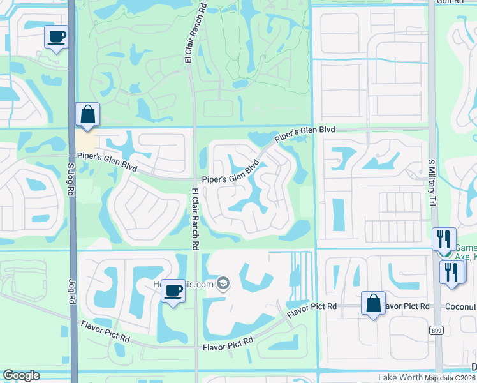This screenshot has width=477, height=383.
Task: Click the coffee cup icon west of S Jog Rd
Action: (57, 36)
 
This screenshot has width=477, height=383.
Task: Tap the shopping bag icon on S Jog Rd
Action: (87, 115)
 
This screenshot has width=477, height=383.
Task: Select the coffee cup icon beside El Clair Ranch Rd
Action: (173, 291)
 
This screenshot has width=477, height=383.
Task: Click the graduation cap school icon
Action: (223, 283)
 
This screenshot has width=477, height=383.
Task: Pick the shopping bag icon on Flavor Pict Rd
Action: (373, 303)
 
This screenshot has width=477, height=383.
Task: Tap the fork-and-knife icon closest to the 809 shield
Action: (453, 271)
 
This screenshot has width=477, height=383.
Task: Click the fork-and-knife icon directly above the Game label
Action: (444, 239)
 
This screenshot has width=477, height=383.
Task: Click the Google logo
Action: (21, 375)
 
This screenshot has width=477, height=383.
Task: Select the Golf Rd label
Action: (449, 2)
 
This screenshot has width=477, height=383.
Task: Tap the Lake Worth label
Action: (399, 377)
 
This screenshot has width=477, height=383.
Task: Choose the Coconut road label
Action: (462, 307)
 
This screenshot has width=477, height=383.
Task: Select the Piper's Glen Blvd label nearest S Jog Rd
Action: (107, 161)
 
